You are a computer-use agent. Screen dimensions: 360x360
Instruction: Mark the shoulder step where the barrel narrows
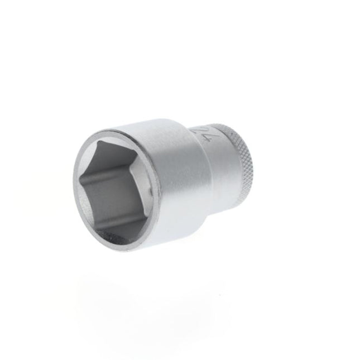click(201, 167)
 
